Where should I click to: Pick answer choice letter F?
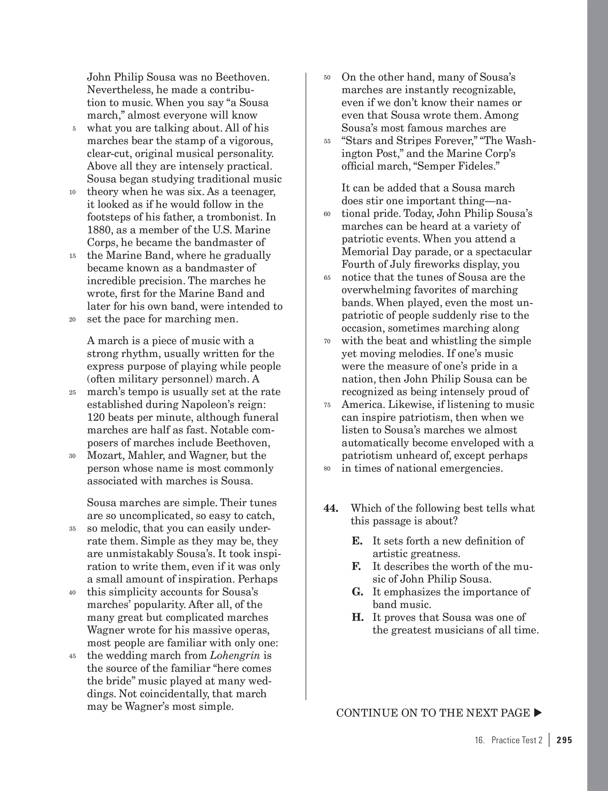tap(356, 566)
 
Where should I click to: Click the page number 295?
tap(564, 740)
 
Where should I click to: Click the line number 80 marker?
tap(327, 469)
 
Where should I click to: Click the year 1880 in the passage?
tap(98, 230)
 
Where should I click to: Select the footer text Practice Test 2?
tap(516, 740)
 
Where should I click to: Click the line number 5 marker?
tap(74, 129)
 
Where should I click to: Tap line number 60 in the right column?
tap(327, 214)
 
